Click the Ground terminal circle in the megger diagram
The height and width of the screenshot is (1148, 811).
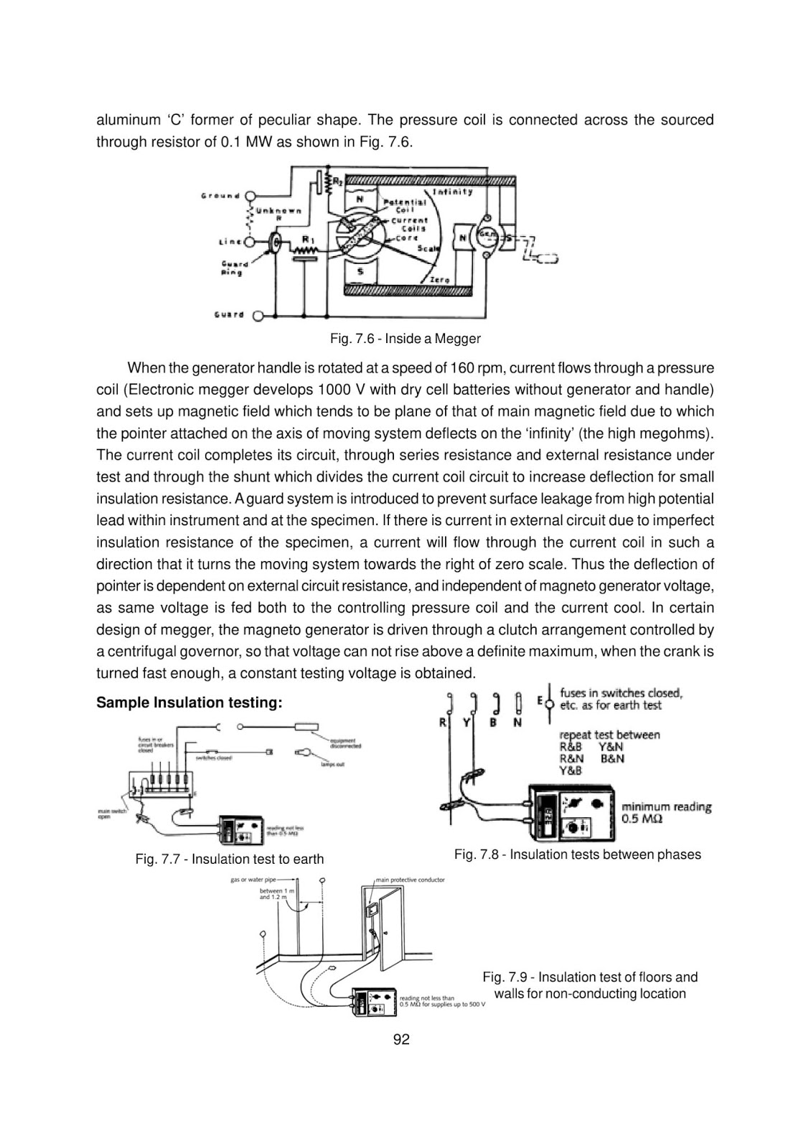250,195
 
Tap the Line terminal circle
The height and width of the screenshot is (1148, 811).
250,243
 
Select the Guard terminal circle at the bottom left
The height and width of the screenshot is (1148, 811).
258,315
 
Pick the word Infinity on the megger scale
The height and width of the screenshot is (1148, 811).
453,192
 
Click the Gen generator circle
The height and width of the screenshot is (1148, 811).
487,237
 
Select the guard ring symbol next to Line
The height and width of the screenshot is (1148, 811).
275,244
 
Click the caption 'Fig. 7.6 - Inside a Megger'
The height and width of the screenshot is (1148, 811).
405,338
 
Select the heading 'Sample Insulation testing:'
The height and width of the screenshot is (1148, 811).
189,702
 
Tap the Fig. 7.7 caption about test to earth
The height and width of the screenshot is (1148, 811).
229,859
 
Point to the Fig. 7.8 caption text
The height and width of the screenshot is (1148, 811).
577,855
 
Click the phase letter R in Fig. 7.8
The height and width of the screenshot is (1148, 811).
443,723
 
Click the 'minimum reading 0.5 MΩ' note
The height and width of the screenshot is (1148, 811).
666,813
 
